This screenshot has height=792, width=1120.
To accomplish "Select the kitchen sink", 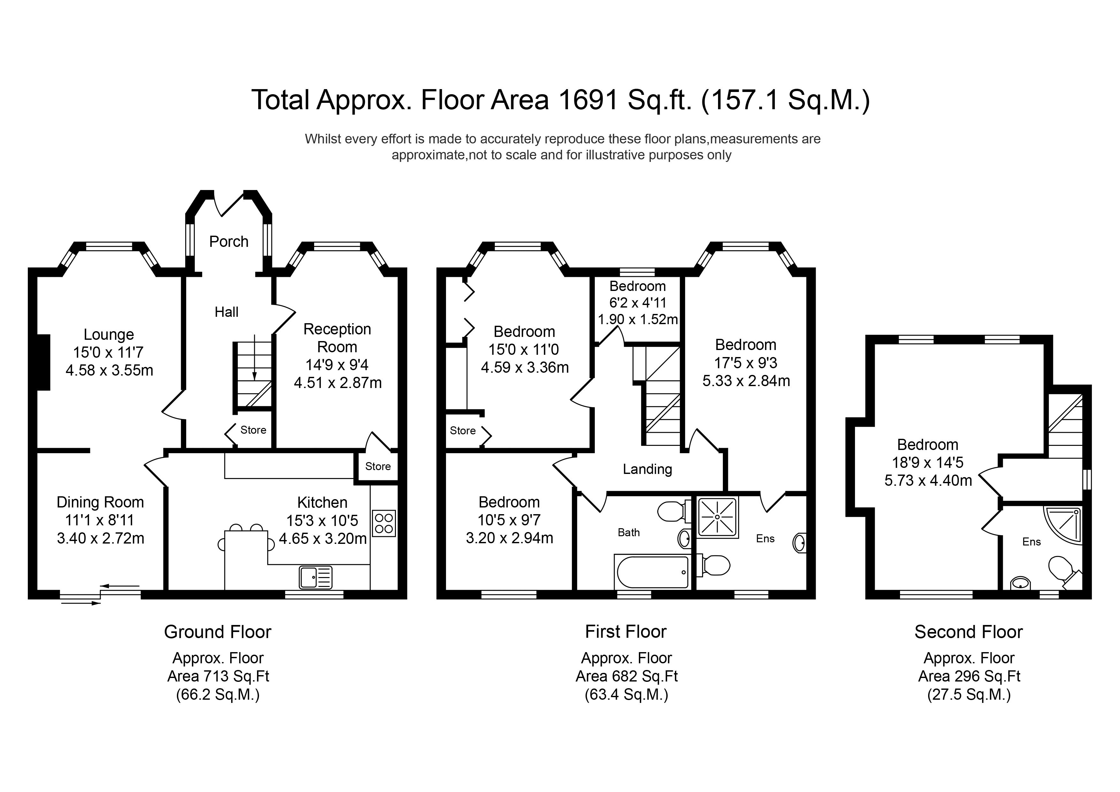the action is [316, 577].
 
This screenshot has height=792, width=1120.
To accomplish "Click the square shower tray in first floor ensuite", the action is [718, 517].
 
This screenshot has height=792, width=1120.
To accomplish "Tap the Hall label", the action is [226, 312].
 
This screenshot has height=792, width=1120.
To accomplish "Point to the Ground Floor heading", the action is [217, 632].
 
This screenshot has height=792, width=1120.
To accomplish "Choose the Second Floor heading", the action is [968, 632].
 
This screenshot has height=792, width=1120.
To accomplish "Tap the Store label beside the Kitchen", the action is [378, 467].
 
